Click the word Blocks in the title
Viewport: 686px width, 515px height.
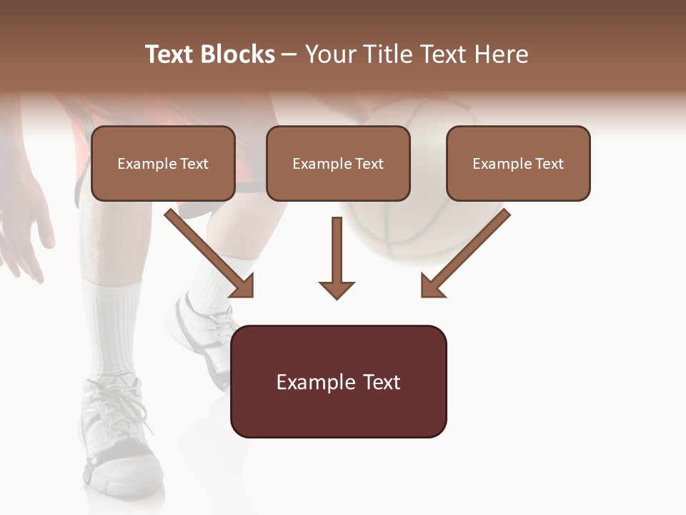coord(237,54)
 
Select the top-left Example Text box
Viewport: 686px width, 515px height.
coord(163,164)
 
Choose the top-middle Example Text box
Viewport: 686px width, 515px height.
coord(338,164)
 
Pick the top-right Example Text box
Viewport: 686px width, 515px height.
coord(518,164)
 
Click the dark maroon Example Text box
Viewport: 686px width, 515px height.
coord(338,382)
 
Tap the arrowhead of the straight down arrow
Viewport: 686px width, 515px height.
coord(337,289)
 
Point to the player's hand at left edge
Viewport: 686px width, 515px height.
coord(25,229)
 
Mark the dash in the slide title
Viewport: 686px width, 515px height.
coord(289,54)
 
